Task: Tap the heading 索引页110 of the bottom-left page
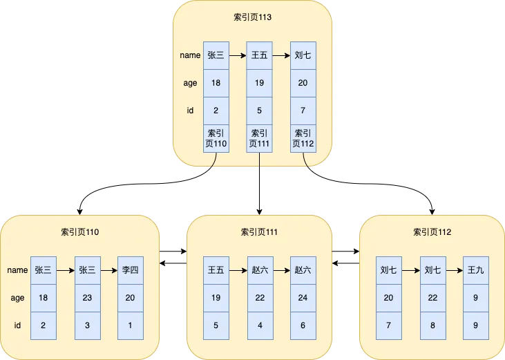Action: [79, 232]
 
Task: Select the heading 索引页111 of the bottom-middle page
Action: [259, 232]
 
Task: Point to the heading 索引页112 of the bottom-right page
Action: [432, 232]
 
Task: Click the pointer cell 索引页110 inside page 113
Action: [216, 138]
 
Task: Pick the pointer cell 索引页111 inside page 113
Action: [259, 138]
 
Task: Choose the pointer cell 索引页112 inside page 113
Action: [303, 138]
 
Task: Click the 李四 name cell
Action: [130, 270]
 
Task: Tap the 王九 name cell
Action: [476, 270]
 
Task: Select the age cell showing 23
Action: [86, 298]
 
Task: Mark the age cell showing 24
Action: [303, 298]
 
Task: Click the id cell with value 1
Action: [130, 325]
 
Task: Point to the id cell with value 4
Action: [259, 325]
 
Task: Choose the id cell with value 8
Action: [432, 325]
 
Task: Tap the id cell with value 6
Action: [303, 325]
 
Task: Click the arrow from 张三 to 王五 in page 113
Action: [237, 56]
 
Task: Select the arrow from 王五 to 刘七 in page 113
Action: [280, 56]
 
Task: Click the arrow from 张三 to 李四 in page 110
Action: [108, 270]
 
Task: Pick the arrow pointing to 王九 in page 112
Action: [454, 270]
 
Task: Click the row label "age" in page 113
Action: [189, 83]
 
